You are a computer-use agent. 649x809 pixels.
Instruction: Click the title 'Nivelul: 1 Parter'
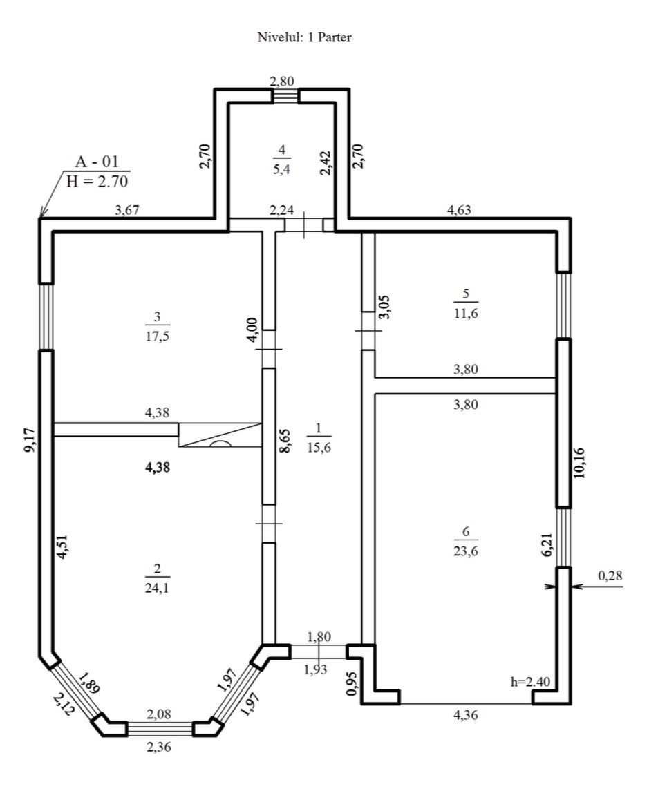(305, 37)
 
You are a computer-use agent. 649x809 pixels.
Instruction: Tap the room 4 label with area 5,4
(282, 160)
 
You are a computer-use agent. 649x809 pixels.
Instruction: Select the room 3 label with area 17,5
(158, 326)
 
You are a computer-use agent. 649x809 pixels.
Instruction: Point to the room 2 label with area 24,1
(158, 578)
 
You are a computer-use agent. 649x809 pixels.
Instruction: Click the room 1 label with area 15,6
(319, 437)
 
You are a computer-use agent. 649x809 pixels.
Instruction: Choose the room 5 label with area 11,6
(466, 303)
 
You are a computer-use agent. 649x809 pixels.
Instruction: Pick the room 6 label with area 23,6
(466, 541)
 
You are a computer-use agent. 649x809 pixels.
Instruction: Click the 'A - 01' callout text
(97, 162)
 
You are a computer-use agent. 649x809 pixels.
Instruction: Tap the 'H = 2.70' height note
(97, 181)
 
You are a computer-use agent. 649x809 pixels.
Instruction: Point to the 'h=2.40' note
(530, 682)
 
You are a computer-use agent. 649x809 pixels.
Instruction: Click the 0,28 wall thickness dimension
(610, 575)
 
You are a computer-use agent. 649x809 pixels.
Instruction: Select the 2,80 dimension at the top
(282, 81)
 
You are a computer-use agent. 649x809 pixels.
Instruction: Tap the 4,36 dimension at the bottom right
(466, 714)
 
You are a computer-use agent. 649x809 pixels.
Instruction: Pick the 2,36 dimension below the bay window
(159, 747)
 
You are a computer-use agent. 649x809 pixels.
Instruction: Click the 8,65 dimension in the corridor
(285, 441)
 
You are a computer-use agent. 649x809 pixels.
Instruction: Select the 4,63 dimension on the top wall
(459, 210)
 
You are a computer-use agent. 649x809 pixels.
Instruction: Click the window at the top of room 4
(285, 96)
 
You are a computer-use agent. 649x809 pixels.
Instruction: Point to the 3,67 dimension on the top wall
(127, 210)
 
